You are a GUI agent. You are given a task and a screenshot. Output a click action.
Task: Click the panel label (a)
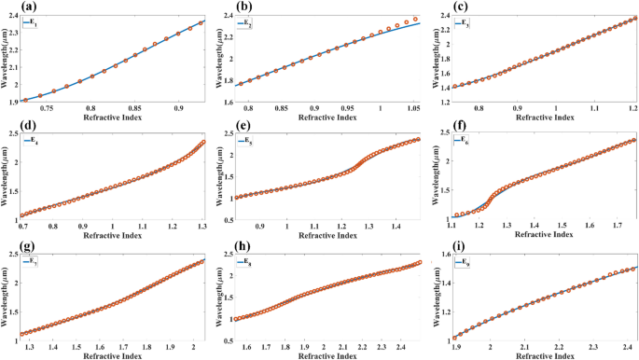point(10,7)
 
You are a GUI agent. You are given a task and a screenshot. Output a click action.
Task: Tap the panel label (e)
point(221,127)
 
